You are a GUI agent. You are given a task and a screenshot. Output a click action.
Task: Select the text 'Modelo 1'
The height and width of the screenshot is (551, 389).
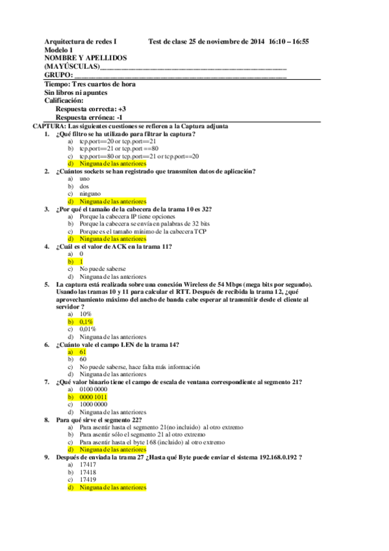(x=58, y=50)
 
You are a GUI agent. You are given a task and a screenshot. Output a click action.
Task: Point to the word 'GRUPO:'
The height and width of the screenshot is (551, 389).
(x=58, y=75)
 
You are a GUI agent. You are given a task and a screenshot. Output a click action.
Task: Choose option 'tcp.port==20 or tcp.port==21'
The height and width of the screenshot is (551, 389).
(x=118, y=141)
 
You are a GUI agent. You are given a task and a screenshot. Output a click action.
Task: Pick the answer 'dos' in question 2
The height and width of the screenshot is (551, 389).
(x=84, y=186)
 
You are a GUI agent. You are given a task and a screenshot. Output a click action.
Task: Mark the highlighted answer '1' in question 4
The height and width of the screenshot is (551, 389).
(x=82, y=261)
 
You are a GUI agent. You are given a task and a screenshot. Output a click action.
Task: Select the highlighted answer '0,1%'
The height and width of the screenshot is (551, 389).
(x=86, y=322)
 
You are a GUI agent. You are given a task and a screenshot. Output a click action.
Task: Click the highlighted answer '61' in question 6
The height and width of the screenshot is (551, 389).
(x=83, y=352)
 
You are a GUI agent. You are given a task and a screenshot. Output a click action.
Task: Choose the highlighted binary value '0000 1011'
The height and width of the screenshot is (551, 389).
(x=94, y=396)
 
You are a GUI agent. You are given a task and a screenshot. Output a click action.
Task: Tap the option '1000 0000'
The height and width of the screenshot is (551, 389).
(x=94, y=404)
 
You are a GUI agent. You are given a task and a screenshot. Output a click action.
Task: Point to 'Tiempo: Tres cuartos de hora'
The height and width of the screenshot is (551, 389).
(x=90, y=84)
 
